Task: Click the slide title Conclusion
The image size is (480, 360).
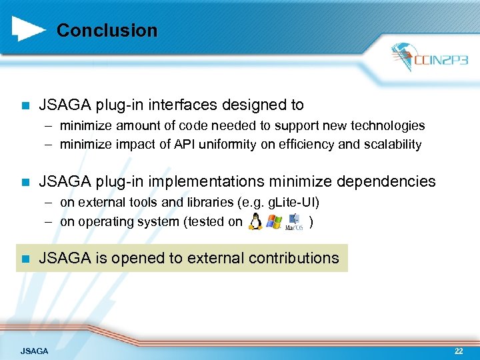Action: click(107, 31)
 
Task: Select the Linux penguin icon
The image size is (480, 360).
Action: click(255, 222)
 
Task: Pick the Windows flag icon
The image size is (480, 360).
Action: click(273, 222)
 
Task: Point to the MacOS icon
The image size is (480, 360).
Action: click(294, 221)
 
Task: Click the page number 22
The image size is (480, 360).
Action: click(458, 351)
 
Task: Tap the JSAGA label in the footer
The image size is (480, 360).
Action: click(34, 351)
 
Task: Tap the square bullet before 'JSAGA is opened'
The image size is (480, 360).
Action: click(25, 258)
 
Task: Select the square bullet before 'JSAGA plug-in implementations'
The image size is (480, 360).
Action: click(25, 181)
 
